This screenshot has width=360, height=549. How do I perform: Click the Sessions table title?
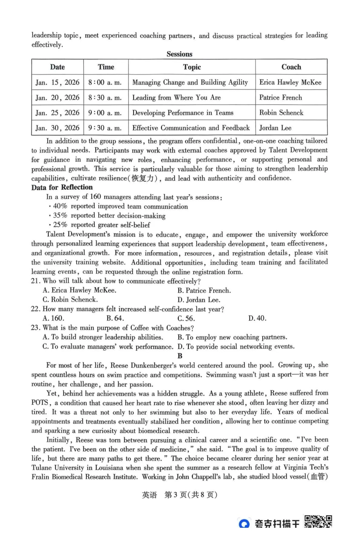179,54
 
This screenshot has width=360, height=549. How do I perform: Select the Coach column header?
291,67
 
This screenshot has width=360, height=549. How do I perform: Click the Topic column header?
192,67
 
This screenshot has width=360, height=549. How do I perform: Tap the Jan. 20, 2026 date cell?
57,97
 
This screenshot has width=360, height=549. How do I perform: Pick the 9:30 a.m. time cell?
105,128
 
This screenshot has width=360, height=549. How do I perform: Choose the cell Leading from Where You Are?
176,97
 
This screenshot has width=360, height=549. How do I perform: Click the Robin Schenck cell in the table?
281,113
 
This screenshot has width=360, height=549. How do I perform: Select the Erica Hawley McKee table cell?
290,82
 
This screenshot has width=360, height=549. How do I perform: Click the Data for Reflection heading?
62,187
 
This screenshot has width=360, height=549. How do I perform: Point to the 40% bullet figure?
60,206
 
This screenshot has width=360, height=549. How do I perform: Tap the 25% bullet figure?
60,225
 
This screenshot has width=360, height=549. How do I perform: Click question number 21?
36,281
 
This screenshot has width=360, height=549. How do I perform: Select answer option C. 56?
186,318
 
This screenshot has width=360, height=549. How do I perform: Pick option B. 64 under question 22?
115,318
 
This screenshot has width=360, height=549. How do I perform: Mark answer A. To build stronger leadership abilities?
103,337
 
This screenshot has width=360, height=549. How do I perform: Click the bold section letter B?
180,356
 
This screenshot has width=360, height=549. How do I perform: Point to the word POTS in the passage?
40,403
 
